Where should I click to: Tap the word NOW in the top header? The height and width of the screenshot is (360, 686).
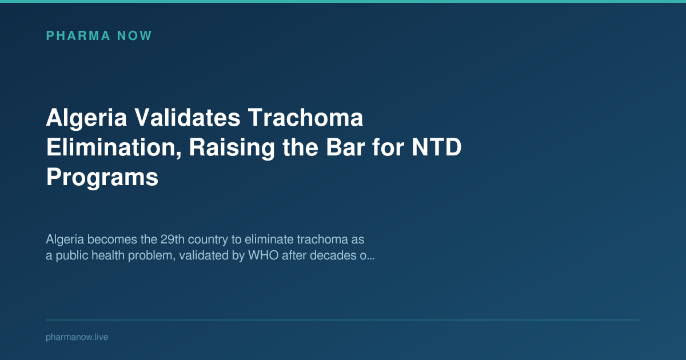(134, 36)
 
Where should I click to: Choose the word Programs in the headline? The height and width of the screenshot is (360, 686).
(102, 178)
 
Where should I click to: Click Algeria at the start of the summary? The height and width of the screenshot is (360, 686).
(65, 238)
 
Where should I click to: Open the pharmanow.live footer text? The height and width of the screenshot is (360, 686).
(77, 337)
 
